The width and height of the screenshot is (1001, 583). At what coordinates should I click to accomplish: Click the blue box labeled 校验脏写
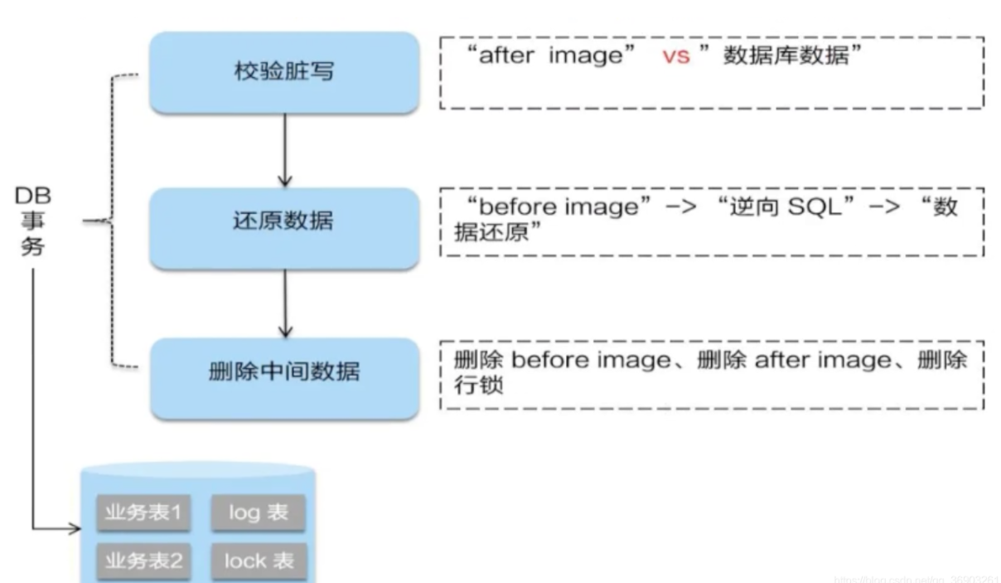(x=283, y=72)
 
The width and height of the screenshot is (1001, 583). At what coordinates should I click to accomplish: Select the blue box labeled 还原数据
(x=283, y=221)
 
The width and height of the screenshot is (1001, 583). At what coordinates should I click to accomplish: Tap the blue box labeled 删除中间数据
(x=283, y=372)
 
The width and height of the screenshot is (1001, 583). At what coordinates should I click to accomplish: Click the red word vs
(x=675, y=58)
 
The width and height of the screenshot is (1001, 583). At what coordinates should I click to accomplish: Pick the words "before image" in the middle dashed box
(x=554, y=206)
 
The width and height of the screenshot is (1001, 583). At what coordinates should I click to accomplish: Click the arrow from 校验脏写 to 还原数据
(x=284, y=149)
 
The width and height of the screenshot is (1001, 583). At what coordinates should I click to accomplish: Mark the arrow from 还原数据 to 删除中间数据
(x=284, y=303)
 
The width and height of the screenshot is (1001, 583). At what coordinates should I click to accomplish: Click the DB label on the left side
(x=33, y=197)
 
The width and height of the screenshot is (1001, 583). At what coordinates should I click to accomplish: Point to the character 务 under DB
(x=33, y=247)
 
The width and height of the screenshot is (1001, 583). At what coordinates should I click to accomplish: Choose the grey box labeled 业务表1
(x=143, y=513)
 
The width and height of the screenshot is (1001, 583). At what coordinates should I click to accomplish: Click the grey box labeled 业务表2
(x=143, y=561)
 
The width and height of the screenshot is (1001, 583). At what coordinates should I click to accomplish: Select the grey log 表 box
(x=258, y=513)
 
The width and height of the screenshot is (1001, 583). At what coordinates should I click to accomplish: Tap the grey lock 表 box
(x=258, y=561)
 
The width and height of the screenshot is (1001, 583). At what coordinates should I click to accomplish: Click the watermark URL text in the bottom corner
(x=916, y=575)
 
